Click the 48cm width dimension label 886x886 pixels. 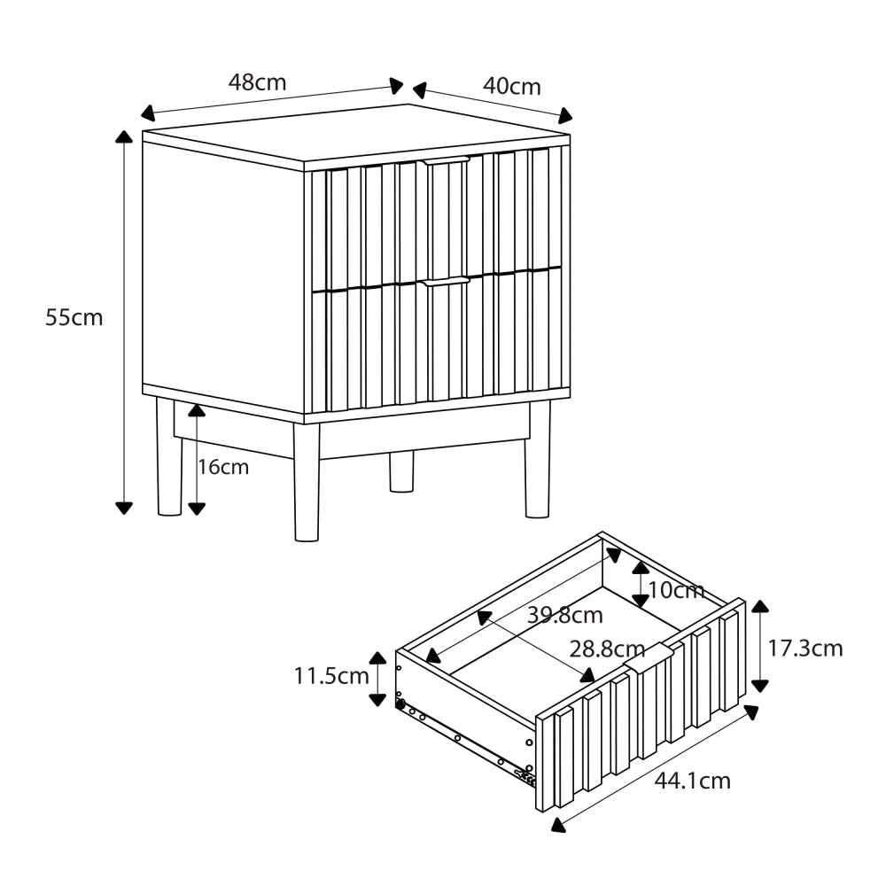point(257,82)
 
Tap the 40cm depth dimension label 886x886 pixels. point(511,86)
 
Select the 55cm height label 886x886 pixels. point(74,317)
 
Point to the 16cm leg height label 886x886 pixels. point(223,467)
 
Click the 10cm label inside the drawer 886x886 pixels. point(675,590)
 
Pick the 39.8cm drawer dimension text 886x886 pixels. point(564,615)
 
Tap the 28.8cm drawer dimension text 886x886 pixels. point(607,649)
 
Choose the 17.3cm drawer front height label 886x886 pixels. point(804,649)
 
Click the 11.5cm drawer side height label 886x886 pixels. point(331,676)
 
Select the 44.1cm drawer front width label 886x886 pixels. point(692,781)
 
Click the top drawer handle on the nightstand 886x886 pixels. point(445,161)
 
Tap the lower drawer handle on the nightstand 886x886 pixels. point(445,281)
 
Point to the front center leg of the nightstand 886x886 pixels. point(307,483)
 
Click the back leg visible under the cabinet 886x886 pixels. point(401,471)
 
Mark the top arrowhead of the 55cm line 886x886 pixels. point(124,136)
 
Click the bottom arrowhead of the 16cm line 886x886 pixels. point(197,508)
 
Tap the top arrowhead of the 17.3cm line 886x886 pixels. point(759,606)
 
